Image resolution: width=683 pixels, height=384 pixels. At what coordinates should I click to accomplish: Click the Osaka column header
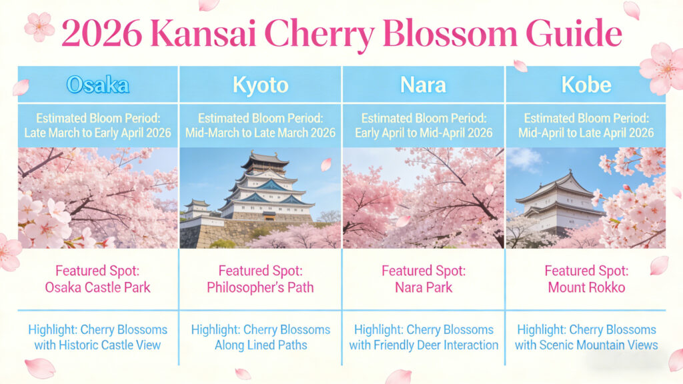pyautogui.click(x=97, y=85)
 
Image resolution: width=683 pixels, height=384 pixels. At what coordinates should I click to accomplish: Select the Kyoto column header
pyautogui.click(x=261, y=85)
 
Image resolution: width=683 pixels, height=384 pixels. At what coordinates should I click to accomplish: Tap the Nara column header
pyautogui.click(x=423, y=85)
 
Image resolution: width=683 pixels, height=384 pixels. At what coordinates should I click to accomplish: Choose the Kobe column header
pyautogui.click(x=586, y=85)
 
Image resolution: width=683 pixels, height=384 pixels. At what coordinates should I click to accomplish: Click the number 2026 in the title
pyautogui.click(x=102, y=33)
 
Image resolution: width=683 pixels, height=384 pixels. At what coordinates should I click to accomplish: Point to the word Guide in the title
pyautogui.click(x=574, y=33)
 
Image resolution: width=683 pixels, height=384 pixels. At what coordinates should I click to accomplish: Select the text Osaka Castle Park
pyautogui.click(x=97, y=287)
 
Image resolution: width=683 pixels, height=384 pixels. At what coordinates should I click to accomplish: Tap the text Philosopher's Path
pyautogui.click(x=261, y=287)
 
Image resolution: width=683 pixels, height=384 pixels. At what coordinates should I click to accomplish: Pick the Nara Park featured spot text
pyautogui.click(x=424, y=287)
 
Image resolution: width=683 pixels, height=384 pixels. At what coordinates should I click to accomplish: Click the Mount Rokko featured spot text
pyautogui.click(x=586, y=287)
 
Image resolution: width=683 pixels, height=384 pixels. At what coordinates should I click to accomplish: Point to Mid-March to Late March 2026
pyautogui.click(x=261, y=133)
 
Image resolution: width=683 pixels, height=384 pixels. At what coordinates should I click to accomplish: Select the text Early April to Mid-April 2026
pyautogui.click(x=424, y=133)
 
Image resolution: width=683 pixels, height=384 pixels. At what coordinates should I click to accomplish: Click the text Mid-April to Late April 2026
pyautogui.click(x=586, y=133)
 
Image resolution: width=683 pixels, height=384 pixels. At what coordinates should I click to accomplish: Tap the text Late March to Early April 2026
pyautogui.click(x=97, y=133)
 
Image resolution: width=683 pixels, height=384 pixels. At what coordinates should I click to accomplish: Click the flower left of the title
pyautogui.click(x=39, y=26)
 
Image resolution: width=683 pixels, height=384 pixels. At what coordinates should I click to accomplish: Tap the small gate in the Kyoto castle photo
pyautogui.click(x=269, y=216)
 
